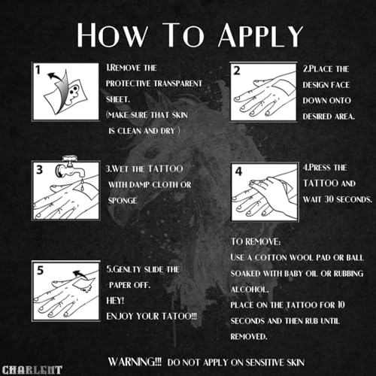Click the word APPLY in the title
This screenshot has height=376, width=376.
click(x=261, y=35)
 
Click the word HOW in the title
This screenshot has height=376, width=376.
click(x=112, y=35)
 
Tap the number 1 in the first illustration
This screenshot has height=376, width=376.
click(x=38, y=70)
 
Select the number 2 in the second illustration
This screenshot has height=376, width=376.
click(x=237, y=71)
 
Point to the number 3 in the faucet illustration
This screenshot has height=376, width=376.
click(x=39, y=170)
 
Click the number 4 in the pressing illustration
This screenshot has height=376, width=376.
click(x=238, y=171)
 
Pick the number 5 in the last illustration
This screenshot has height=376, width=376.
click(x=40, y=270)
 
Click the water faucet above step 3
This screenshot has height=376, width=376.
click(x=70, y=167)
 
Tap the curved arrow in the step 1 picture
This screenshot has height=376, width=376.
click(x=56, y=77)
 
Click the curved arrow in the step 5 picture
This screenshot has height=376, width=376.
click(x=80, y=274)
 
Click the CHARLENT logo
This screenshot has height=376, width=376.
click(x=32, y=370)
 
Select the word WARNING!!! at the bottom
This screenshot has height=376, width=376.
click(x=135, y=362)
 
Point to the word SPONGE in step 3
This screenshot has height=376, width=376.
click(x=123, y=201)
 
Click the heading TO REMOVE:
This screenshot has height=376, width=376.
click(x=256, y=241)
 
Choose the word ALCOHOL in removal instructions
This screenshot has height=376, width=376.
click(x=249, y=290)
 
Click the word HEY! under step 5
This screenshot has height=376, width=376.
click(x=115, y=301)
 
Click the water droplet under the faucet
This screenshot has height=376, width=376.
click(x=83, y=186)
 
